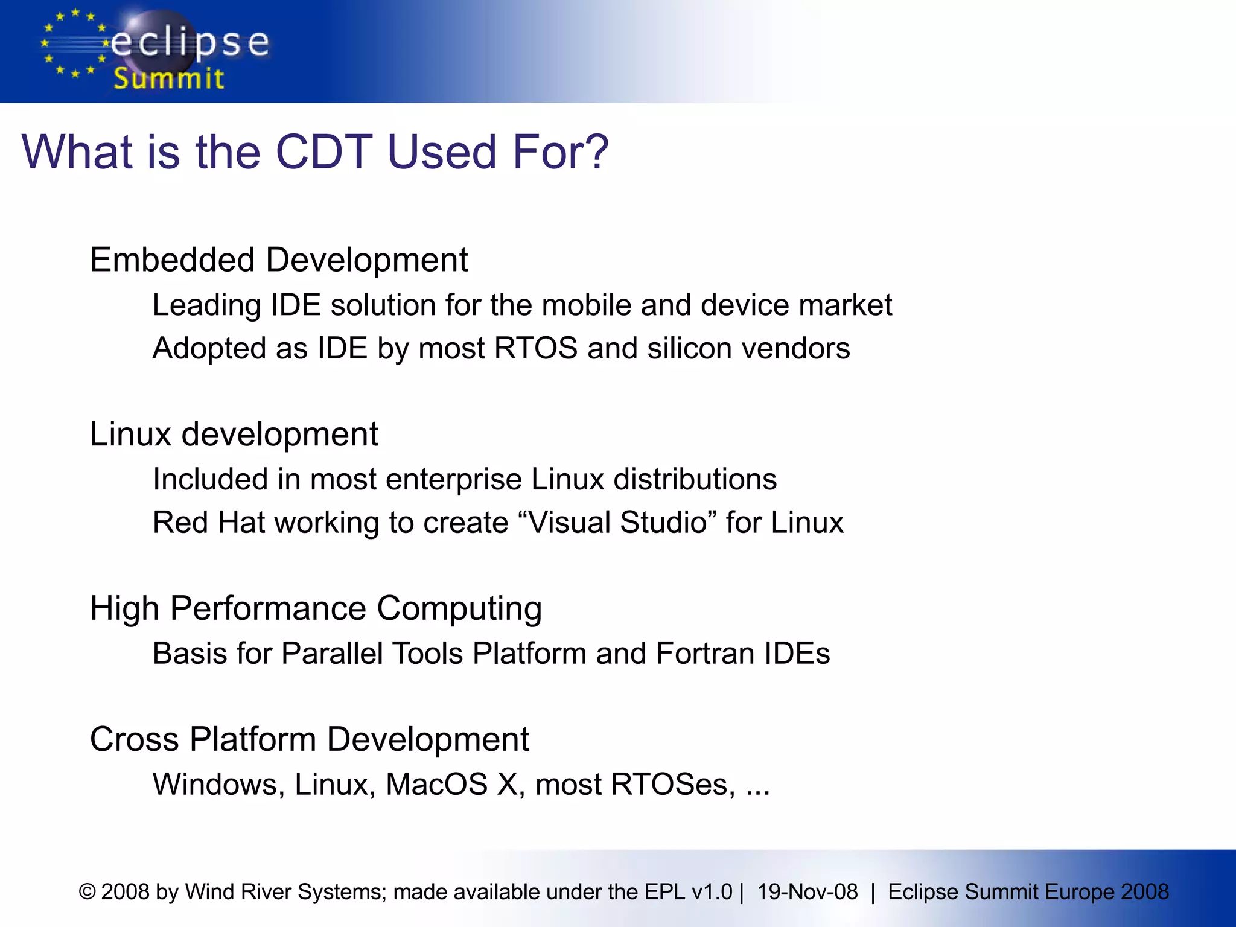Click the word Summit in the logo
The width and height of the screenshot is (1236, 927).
coord(168,79)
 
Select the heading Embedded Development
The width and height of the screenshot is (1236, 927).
coord(278,260)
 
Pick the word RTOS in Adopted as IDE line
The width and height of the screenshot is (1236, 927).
coord(535,348)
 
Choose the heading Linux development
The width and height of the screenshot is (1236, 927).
coord(234,434)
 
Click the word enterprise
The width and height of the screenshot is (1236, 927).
coord(453,480)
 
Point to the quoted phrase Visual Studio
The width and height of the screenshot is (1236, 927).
coord(617,523)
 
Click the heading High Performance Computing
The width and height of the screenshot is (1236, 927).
coord(316,608)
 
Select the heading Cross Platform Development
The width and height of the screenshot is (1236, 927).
coord(309,739)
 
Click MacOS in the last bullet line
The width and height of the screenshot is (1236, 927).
coord(436,785)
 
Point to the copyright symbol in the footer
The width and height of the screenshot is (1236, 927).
coord(88,892)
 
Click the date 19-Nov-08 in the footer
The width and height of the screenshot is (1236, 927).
coord(807,892)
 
